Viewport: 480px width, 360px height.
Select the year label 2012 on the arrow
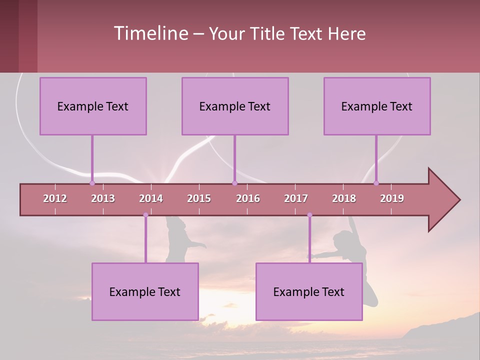[x=55, y=198]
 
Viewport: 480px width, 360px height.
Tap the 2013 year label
[x=103, y=198]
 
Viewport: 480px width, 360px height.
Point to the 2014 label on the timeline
[x=151, y=198]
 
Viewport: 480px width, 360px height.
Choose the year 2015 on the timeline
[x=199, y=198]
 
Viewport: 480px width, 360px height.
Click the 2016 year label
[x=248, y=198]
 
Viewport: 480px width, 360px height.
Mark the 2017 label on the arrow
[x=296, y=198]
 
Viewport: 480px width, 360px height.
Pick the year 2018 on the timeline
[x=344, y=198]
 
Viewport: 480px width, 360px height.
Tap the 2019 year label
[x=392, y=198]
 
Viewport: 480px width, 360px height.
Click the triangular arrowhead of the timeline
[x=442, y=200]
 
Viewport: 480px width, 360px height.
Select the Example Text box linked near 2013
[x=93, y=106]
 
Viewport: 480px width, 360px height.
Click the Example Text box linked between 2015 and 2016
[x=235, y=106]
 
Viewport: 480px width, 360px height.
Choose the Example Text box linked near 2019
[x=377, y=106]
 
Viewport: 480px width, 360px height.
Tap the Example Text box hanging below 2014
[x=145, y=291]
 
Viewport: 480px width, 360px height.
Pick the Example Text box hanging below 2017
[x=309, y=291]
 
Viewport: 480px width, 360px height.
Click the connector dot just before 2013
[x=92, y=183]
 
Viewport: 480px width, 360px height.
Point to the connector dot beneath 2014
[x=145, y=215]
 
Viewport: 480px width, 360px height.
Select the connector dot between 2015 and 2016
[x=234, y=183]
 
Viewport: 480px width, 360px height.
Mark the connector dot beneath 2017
[x=309, y=215]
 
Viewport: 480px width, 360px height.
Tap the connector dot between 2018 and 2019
[x=376, y=183]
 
